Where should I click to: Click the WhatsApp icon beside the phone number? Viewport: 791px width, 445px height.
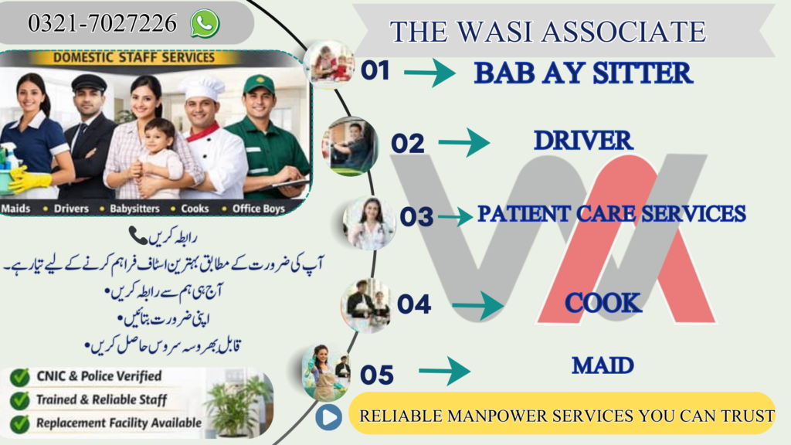(205, 24)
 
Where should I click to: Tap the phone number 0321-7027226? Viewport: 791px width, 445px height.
(102, 25)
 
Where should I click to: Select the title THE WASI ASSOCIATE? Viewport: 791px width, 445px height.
(548, 32)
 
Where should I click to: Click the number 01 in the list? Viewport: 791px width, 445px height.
(375, 71)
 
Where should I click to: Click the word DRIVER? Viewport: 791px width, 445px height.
(583, 141)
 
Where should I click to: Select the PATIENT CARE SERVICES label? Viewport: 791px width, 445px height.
(611, 214)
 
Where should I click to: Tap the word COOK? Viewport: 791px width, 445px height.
(603, 303)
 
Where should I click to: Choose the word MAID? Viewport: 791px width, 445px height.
(603, 365)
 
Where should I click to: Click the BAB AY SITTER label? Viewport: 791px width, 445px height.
(583, 73)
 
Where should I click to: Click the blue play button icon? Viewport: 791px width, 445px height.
(328, 418)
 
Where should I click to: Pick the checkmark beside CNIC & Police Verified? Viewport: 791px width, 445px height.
(20, 377)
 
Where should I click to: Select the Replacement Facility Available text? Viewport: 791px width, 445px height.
(118, 423)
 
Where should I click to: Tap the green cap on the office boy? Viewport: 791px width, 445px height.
(259, 83)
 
